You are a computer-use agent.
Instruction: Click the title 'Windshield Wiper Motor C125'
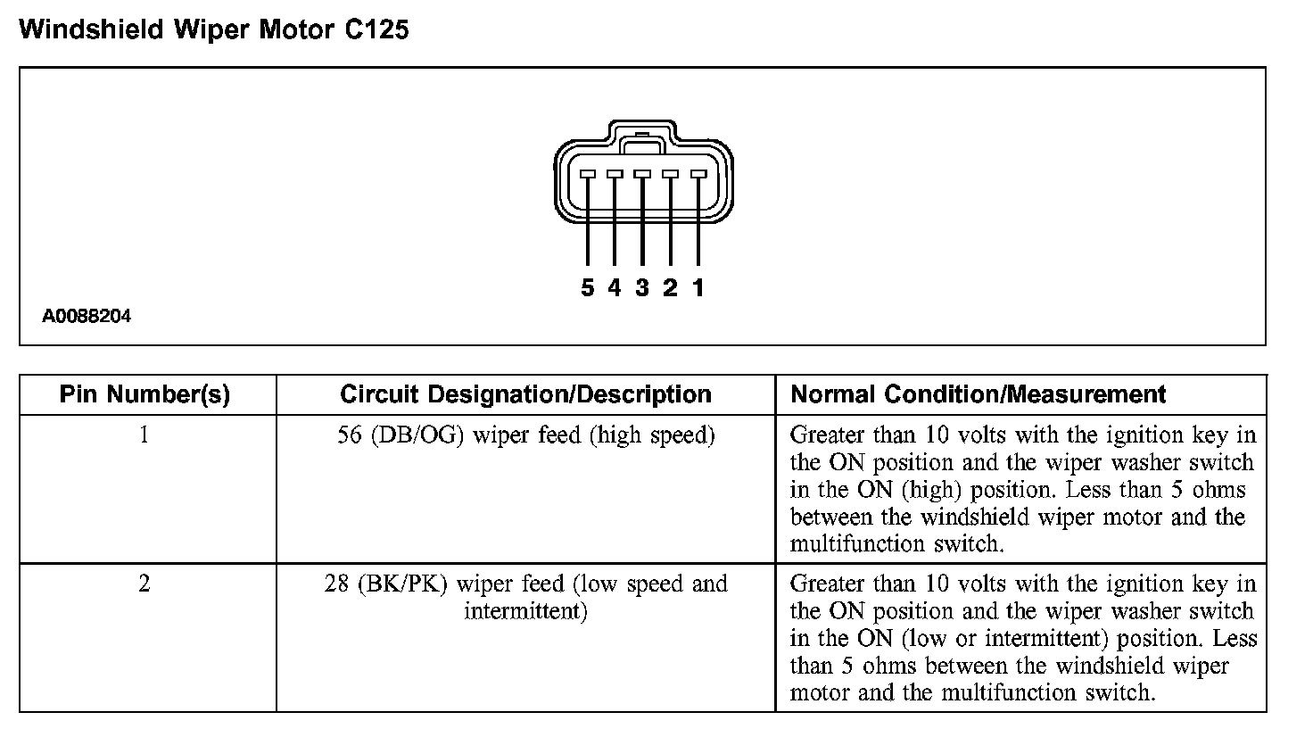pos(214,29)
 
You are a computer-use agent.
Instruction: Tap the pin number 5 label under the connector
pos(587,287)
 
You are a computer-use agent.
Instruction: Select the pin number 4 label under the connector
pos(615,287)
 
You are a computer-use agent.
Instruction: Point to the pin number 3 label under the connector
pos(642,287)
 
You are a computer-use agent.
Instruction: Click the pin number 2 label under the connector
pos(671,287)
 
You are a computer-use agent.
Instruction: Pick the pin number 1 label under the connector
pos(698,287)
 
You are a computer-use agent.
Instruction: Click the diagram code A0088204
pos(87,316)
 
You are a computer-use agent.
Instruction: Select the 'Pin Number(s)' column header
pos(145,394)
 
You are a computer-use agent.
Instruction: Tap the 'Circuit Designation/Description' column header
pos(525,394)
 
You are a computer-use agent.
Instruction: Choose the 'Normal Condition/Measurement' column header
pos(979,394)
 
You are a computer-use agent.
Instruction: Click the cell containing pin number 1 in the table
pos(145,435)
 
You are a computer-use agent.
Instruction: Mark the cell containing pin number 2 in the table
pos(145,584)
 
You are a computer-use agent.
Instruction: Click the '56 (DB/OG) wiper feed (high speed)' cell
pos(525,435)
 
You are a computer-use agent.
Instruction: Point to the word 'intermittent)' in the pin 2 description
pos(525,612)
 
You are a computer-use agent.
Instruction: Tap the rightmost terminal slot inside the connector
pos(698,174)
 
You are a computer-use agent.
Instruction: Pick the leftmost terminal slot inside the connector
pos(587,174)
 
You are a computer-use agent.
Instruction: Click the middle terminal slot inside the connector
pos(642,174)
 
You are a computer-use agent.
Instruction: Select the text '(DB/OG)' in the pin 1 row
pos(417,435)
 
